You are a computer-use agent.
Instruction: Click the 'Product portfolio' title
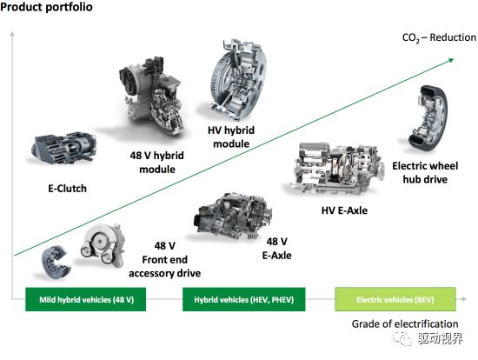click(46, 7)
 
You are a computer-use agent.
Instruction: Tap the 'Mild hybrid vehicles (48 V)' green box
click(86, 299)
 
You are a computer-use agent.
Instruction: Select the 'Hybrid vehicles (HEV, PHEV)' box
click(244, 299)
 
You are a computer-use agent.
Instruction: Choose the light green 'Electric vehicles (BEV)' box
click(395, 299)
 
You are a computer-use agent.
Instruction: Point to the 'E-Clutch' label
click(68, 189)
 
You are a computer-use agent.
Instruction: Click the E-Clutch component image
click(64, 148)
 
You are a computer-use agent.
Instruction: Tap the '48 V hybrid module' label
click(157, 163)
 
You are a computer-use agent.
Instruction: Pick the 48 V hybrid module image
click(151, 96)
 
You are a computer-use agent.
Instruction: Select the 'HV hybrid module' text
click(231, 137)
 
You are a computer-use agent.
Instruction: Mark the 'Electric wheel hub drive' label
click(425, 172)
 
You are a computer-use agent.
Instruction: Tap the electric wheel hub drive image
click(428, 117)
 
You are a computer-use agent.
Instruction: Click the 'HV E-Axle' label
click(344, 210)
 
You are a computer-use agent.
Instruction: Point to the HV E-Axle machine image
click(337, 168)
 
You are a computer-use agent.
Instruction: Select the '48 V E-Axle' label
click(276, 249)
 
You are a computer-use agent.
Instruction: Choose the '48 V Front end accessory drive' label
click(164, 260)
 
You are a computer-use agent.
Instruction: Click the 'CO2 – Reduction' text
click(439, 38)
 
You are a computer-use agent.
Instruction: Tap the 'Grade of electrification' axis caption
click(405, 323)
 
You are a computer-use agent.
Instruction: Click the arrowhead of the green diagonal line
click(451, 60)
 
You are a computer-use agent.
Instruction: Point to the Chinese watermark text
click(441, 338)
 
